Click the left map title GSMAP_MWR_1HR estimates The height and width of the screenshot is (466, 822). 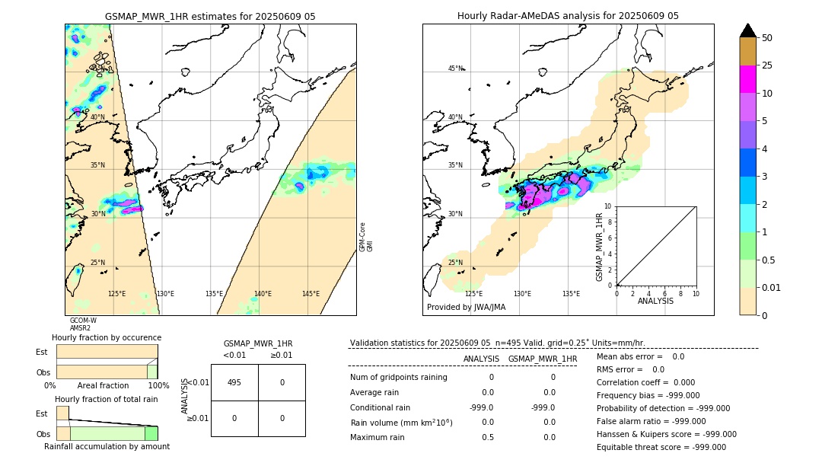pos(210,16)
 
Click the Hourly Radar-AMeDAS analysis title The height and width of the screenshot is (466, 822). pos(568,16)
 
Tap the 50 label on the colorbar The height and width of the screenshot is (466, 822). pos(767,38)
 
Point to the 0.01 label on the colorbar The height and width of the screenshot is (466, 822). pos(772,287)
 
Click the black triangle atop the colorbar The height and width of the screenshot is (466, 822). pos(748,30)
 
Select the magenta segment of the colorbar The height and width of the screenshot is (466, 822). pos(748,79)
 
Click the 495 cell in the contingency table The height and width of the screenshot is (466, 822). pos(234,382)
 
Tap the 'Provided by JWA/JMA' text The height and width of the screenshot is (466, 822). pos(466,307)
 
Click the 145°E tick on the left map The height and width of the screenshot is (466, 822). pos(311,294)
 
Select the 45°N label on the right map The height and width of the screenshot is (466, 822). pos(455,69)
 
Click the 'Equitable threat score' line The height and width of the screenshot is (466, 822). pos(661,447)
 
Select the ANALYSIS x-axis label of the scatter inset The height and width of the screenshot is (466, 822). pos(655,301)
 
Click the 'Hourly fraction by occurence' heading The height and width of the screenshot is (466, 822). pos(107,337)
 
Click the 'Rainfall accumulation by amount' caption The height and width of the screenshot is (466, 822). pos(107,446)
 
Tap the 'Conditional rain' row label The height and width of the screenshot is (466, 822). pos(381,407)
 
